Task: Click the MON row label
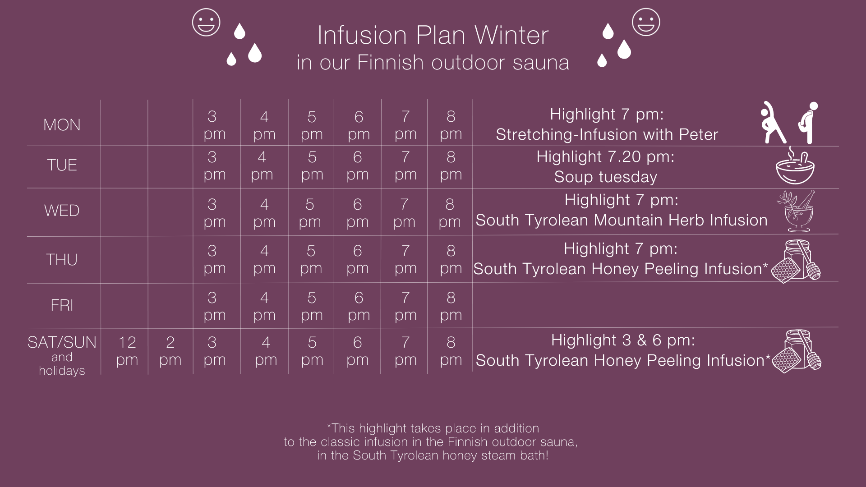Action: click(x=62, y=125)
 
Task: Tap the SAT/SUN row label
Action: click(x=62, y=343)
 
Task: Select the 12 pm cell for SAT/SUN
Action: click(x=127, y=351)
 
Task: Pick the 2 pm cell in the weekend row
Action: click(x=170, y=351)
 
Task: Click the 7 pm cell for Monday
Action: click(x=405, y=125)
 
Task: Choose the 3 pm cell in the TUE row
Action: click(x=214, y=165)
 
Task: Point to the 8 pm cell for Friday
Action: click(x=451, y=306)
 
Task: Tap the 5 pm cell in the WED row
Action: click(x=310, y=213)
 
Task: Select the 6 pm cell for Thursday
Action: click(x=358, y=259)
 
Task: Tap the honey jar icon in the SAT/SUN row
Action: click(x=797, y=351)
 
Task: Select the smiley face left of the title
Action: click(x=206, y=22)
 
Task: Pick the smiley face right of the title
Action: click(x=646, y=22)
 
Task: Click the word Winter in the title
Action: click(x=511, y=35)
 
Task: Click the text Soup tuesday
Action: click(x=606, y=177)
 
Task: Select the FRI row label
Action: click(x=62, y=305)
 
